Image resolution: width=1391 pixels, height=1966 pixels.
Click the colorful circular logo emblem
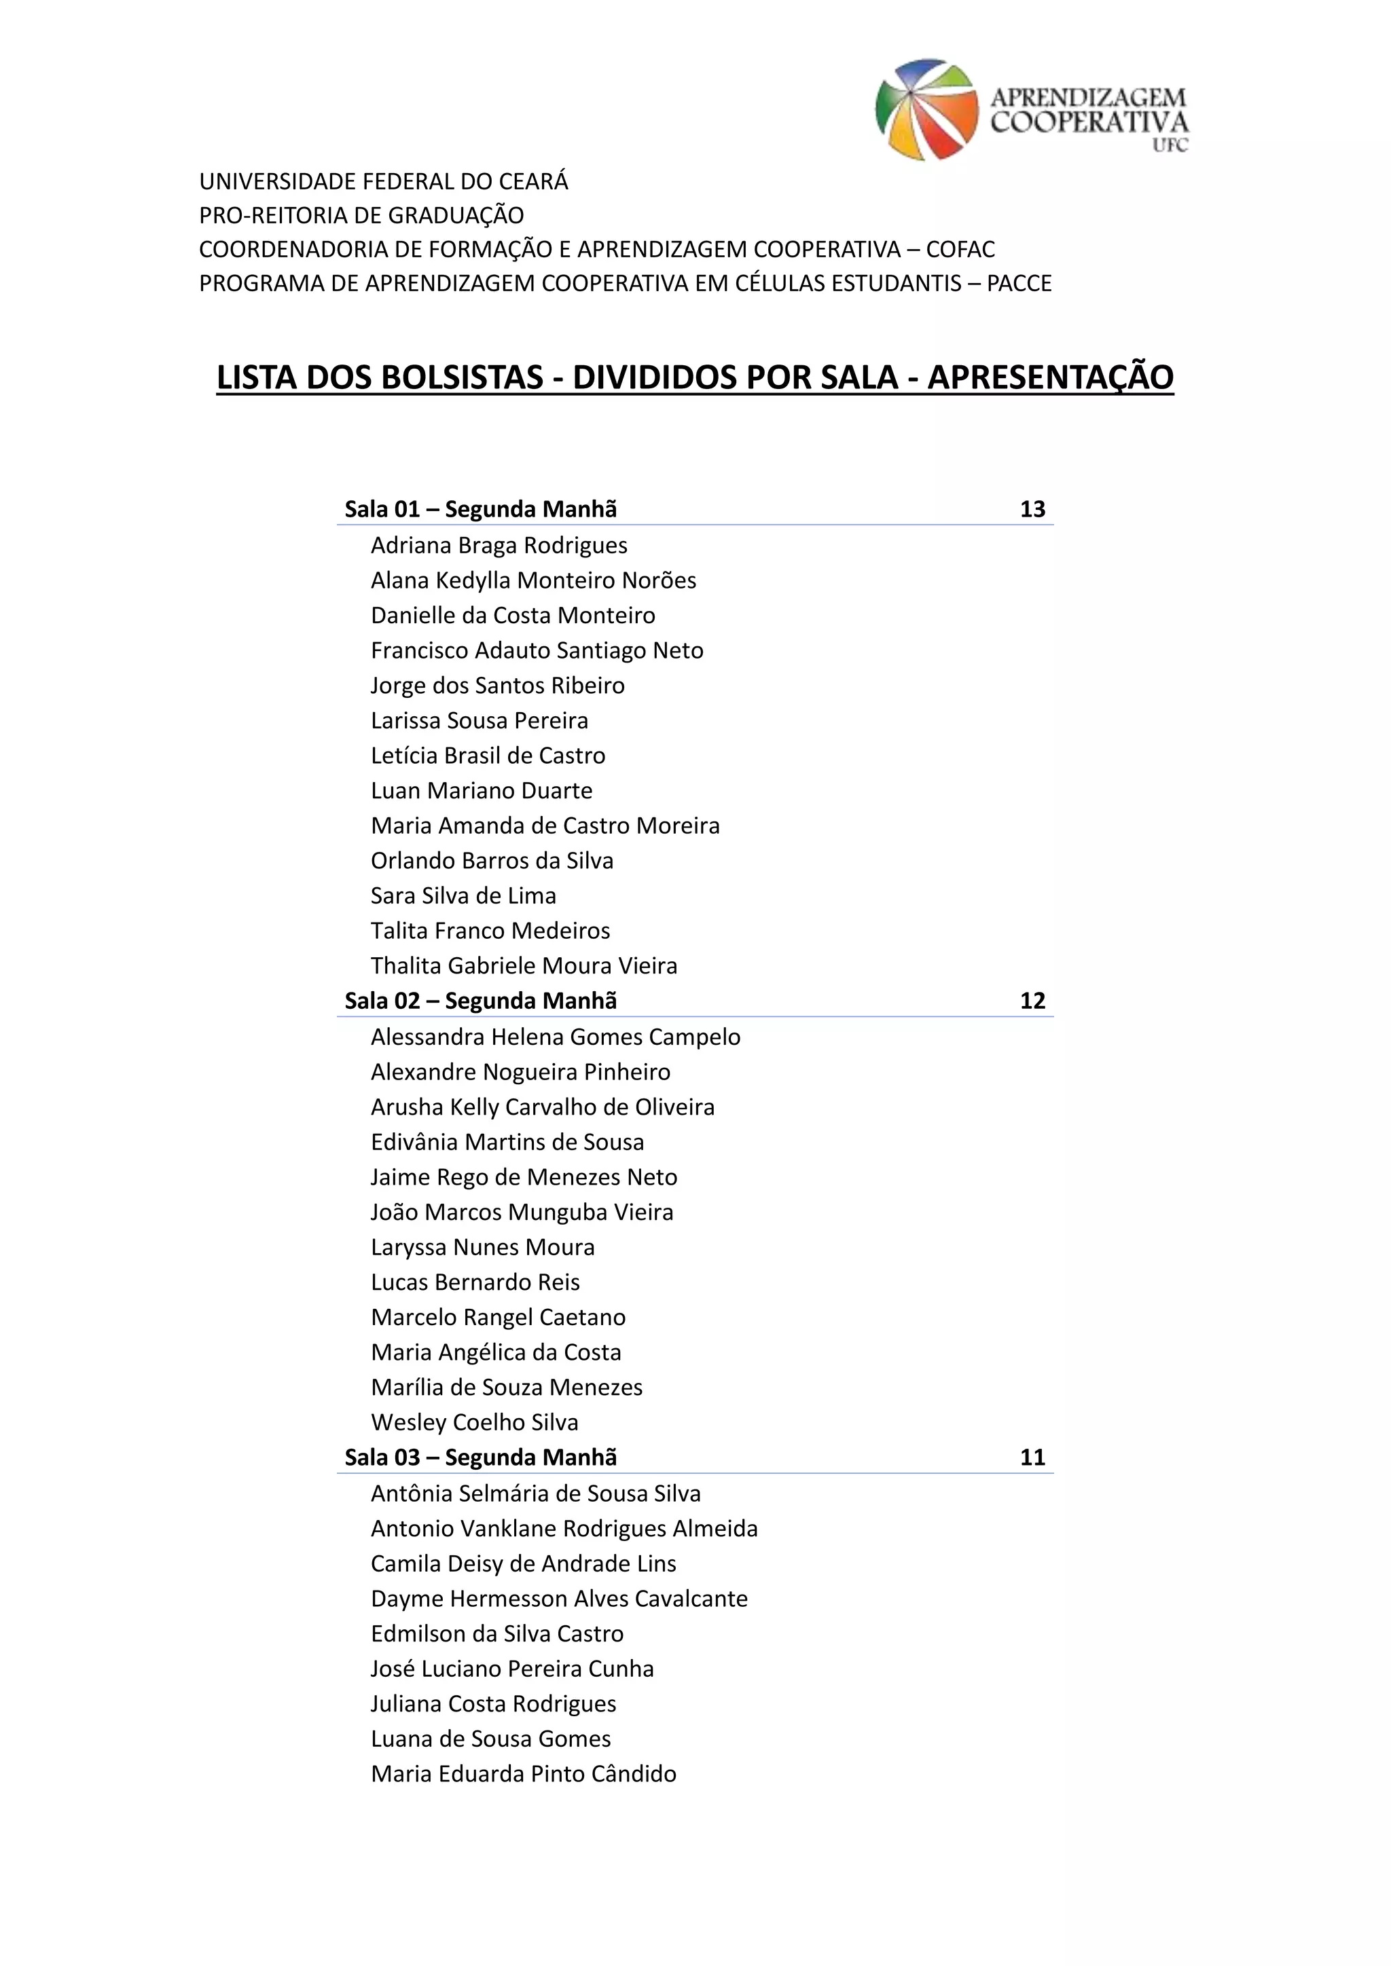(926, 109)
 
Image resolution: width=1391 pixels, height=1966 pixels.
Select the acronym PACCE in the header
(1019, 283)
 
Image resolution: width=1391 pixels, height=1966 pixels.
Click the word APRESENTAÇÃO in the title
(1050, 377)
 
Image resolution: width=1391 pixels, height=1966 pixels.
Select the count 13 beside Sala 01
(1032, 509)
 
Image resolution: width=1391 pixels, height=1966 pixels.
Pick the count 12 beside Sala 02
(1032, 1001)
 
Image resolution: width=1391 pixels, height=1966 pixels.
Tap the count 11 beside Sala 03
(1032, 1458)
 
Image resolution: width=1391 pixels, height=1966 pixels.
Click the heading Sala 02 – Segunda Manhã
(480, 1001)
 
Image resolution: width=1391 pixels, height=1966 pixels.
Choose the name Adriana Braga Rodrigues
(499, 545)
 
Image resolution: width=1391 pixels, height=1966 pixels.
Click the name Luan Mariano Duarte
(482, 790)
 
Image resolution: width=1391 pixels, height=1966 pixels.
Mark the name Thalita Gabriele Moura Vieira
(524, 966)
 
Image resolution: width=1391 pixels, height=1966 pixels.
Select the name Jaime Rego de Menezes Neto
(524, 1177)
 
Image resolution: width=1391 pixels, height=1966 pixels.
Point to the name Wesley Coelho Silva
(475, 1422)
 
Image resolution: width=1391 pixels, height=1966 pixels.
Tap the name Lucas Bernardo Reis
(475, 1282)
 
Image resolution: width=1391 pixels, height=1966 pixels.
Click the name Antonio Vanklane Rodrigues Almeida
(564, 1528)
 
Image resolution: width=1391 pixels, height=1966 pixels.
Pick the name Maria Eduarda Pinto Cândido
(524, 1773)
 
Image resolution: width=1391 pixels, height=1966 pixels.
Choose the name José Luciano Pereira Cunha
(512, 1668)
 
